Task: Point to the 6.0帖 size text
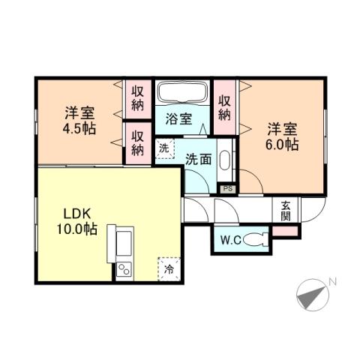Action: point(281,142)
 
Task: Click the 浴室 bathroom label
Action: point(178,119)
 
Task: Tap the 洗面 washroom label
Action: point(199,159)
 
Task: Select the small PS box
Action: point(225,188)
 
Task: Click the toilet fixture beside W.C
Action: point(256,240)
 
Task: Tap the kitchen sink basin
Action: point(122,242)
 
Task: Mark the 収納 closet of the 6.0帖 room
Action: point(224,106)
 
